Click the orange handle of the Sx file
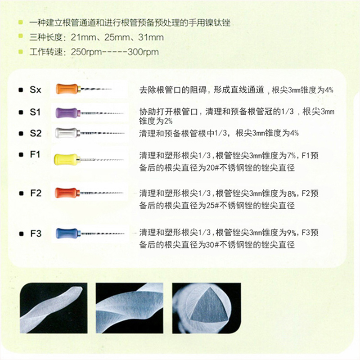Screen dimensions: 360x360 tap(67, 89)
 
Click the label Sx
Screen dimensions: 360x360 tap(36, 90)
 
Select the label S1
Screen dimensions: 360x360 tap(35, 112)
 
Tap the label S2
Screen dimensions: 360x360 tap(36, 133)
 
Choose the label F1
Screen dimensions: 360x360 tap(35, 154)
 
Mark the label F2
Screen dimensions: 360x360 tap(36, 193)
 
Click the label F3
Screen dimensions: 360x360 tap(36, 234)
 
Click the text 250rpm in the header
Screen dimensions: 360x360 tap(86, 52)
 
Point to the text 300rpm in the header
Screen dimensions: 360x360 tap(143, 52)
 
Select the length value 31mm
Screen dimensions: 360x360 tap(151, 37)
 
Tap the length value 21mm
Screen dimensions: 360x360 tap(83, 37)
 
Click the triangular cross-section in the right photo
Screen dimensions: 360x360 tap(210, 303)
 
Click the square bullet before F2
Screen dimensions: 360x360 tap(21, 193)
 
